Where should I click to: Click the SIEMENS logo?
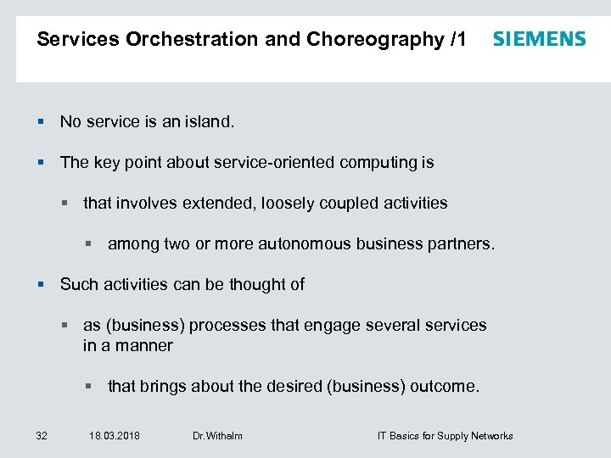(x=539, y=39)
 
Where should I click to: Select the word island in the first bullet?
(x=208, y=122)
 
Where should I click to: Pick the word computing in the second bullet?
(x=380, y=163)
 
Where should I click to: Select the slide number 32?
(x=41, y=436)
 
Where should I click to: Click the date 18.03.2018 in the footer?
(x=115, y=436)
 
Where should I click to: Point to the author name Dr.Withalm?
(x=217, y=436)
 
